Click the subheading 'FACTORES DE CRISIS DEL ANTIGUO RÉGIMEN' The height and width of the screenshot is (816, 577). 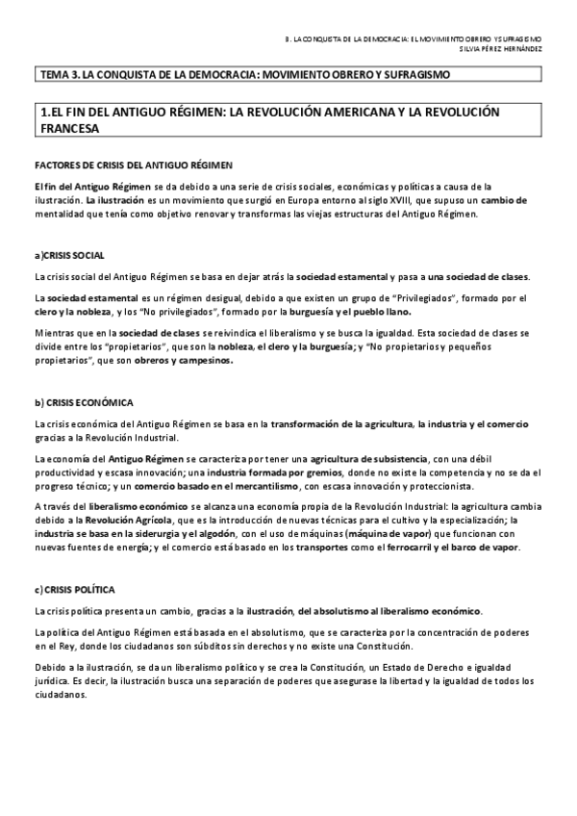click(132, 165)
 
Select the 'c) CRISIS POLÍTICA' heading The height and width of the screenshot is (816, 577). click(76, 589)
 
